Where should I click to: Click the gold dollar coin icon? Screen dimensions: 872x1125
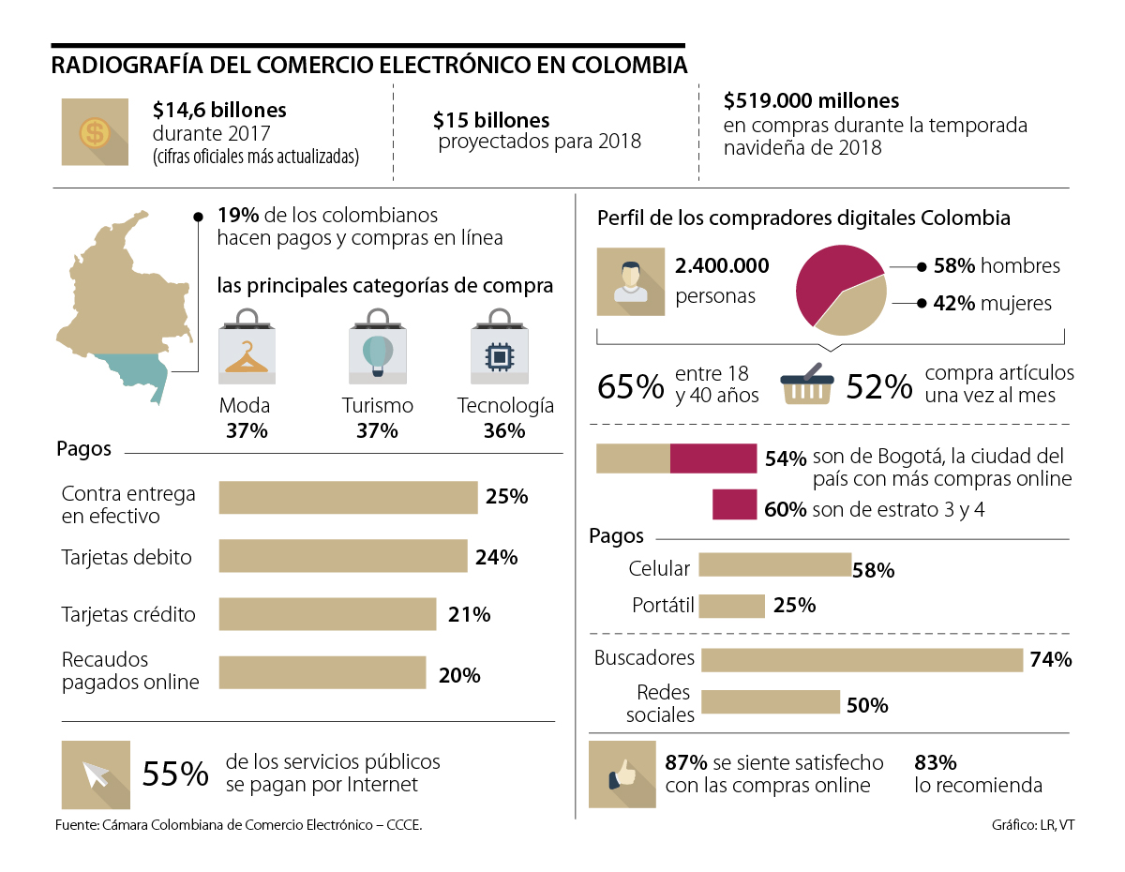point(95,132)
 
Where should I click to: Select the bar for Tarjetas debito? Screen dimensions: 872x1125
point(343,556)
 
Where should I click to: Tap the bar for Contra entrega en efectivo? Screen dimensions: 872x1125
point(348,497)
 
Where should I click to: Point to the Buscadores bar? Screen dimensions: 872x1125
point(861,659)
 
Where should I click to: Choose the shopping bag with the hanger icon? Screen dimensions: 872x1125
point(247,352)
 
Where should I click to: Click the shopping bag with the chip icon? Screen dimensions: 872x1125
point(499,353)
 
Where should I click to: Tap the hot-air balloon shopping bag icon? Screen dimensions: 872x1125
point(377,353)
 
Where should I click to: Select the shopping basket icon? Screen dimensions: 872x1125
point(807,384)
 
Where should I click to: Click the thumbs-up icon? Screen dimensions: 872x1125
point(622,774)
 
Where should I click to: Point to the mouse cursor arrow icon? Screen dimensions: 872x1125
point(96,774)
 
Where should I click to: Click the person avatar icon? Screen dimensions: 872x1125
point(630,282)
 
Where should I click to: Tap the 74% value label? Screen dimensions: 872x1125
point(1050,659)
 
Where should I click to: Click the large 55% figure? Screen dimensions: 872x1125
point(175,774)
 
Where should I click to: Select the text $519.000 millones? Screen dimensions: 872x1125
point(812,100)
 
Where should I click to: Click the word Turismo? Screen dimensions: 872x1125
point(378,406)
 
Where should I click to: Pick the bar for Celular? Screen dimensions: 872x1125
point(774,564)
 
